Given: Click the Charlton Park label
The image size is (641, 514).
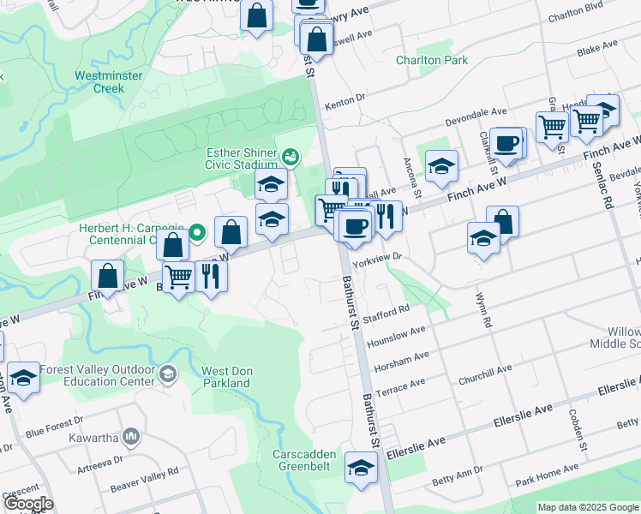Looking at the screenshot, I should pos(432,61).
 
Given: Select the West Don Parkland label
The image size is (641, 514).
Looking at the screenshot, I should pos(226,377).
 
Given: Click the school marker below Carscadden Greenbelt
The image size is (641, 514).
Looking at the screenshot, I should pos(361,468).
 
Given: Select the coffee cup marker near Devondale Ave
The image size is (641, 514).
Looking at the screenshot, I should pos(506,142).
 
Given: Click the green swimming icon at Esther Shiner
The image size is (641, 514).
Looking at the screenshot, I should pos(291,157).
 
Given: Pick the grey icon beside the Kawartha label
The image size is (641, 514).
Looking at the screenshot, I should pos(131,437).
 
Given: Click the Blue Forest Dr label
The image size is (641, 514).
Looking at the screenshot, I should pos(53,427).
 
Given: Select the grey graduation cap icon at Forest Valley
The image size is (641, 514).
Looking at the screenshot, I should pos(168,373).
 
